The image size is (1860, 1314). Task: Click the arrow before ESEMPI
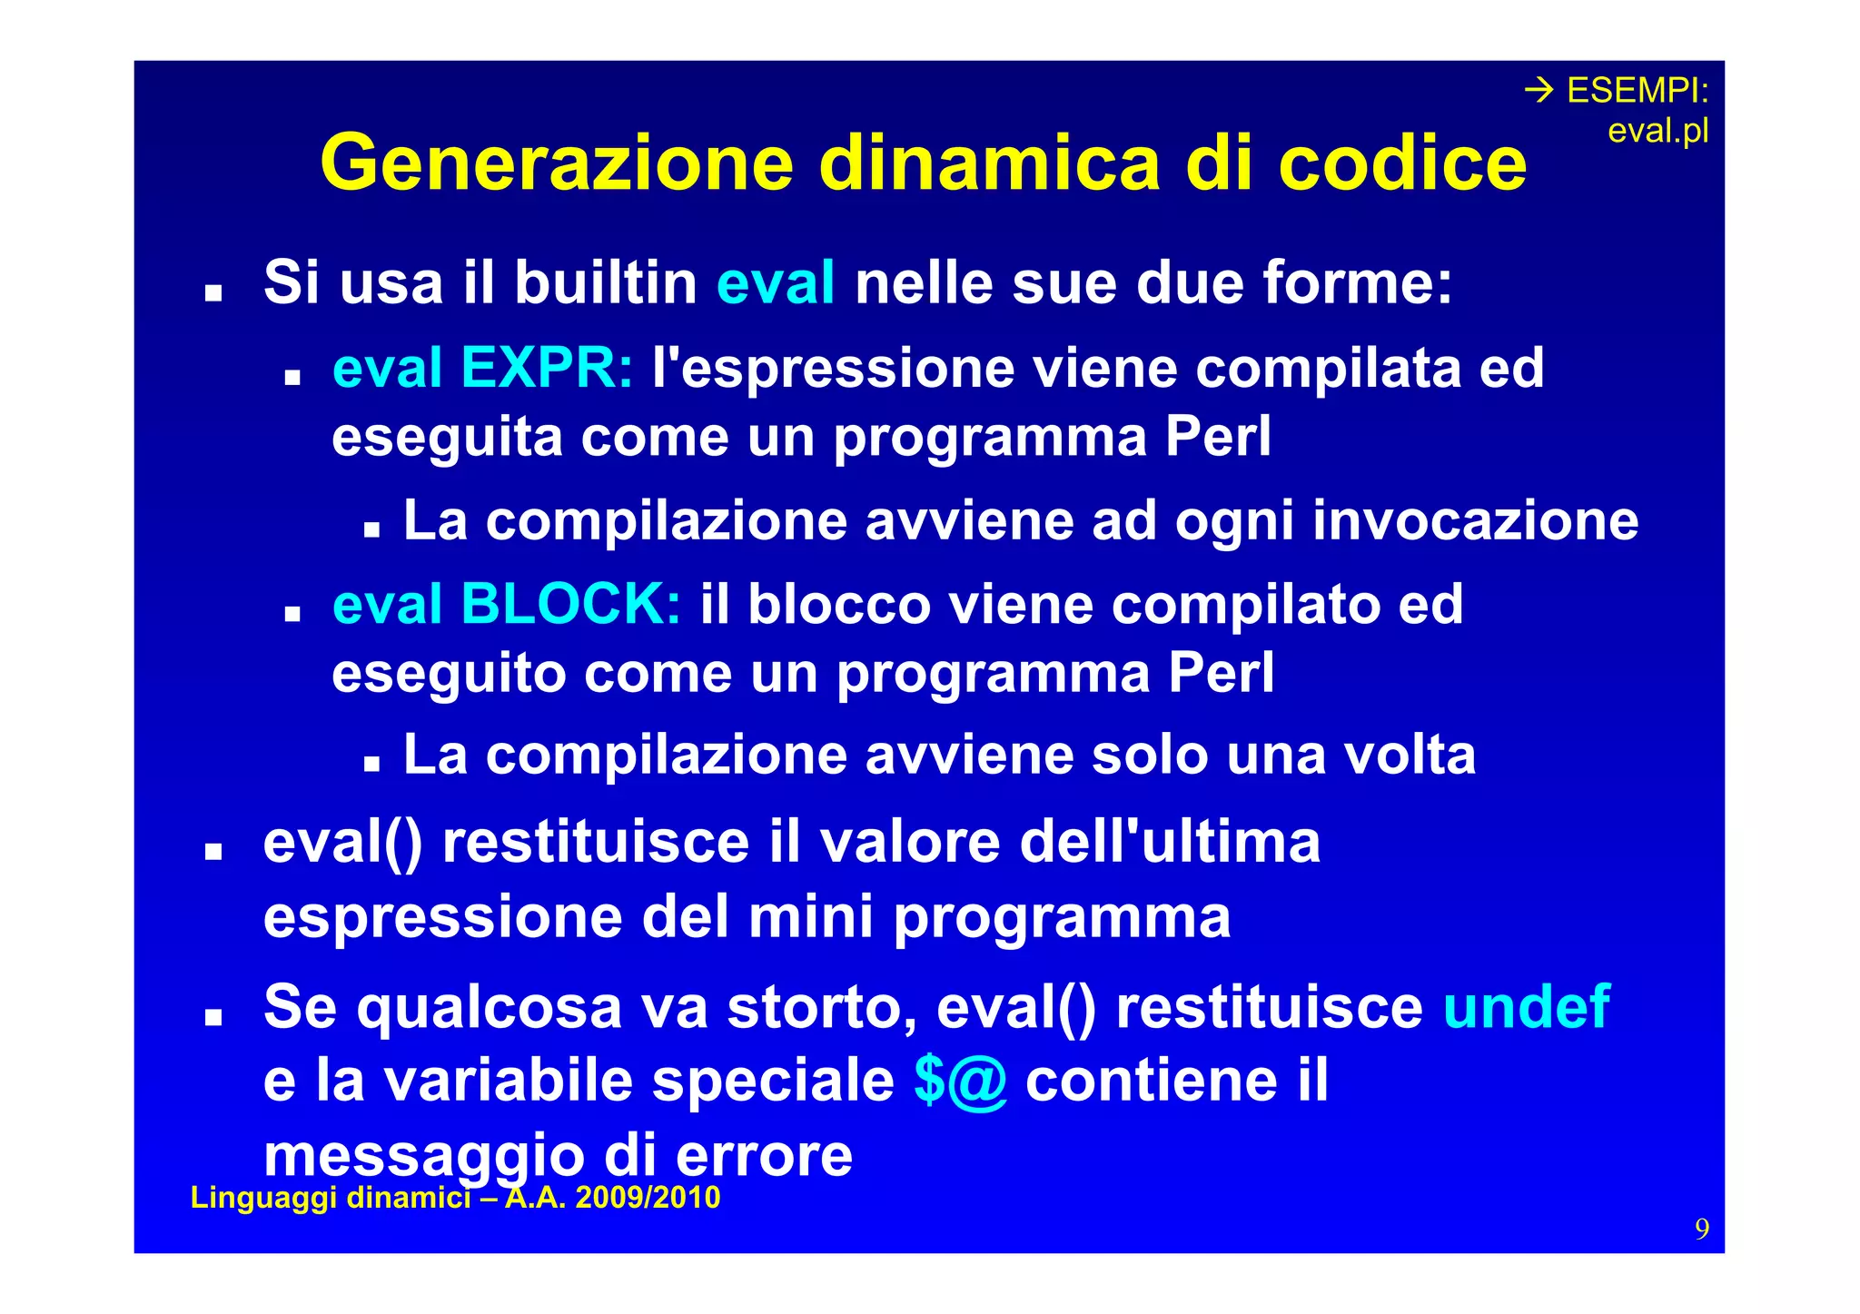(x=1538, y=91)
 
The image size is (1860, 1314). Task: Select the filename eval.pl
(x=1657, y=132)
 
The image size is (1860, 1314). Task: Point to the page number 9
(x=1701, y=1229)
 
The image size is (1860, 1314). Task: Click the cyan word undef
(x=1526, y=1007)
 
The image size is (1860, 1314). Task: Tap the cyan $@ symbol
(x=961, y=1081)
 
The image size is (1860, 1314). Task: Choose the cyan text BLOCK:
(x=570, y=604)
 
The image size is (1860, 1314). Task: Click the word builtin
(x=606, y=282)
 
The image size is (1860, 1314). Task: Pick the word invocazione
(x=1475, y=520)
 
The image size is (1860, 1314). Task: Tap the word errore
(x=764, y=1155)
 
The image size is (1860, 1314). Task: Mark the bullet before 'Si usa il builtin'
(x=213, y=293)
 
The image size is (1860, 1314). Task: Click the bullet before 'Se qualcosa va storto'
(x=213, y=1017)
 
